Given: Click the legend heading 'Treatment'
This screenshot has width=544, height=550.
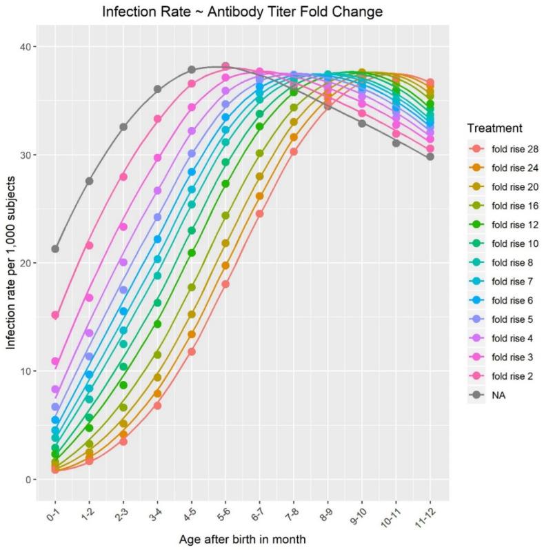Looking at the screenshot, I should click(x=492, y=128).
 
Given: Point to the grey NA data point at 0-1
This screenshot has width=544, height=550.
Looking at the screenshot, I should click(x=55, y=249).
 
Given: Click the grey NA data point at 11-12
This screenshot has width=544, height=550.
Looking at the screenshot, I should click(x=430, y=157).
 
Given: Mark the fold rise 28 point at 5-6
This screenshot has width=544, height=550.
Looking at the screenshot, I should click(x=225, y=284).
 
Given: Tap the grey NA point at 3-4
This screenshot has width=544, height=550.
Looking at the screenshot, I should click(x=157, y=89).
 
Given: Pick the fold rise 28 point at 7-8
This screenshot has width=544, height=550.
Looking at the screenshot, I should click(x=294, y=152).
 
